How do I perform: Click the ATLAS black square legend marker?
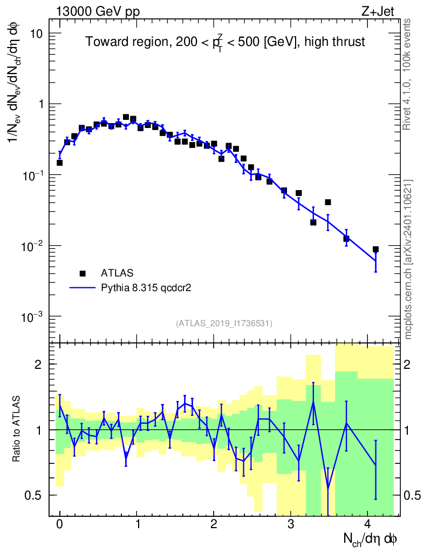pyautogui.click(x=83, y=273)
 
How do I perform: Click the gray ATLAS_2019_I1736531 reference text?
pyautogui.click(x=224, y=323)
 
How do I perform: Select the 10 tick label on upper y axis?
pyautogui.click(x=36, y=33)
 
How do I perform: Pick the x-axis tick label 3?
pyautogui.click(x=290, y=524)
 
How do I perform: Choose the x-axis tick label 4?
pyautogui.click(x=367, y=524)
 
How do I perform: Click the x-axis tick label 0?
pyautogui.click(x=59, y=524)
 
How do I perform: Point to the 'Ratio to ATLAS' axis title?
pyautogui.click(x=17, y=429)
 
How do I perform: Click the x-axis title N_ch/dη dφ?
pyautogui.click(x=371, y=538)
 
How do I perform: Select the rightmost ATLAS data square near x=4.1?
pyautogui.click(x=375, y=249)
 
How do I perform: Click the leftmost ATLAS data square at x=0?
pyautogui.click(x=59, y=163)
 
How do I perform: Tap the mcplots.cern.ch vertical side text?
pyautogui.click(x=408, y=259)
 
